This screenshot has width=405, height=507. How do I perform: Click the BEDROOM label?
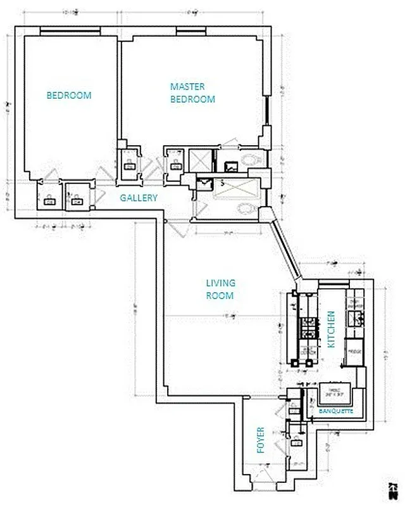point(69,96)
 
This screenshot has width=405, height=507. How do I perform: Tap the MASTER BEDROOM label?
point(192,93)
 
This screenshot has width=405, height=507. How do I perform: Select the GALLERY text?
point(139,198)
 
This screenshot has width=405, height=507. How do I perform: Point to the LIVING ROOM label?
point(220,289)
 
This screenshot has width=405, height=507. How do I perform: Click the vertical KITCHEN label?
point(331,329)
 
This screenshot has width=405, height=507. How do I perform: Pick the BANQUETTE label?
point(335,411)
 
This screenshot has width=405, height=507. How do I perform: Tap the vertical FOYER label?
point(261,440)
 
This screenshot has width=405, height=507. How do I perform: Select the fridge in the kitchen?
point(354,351)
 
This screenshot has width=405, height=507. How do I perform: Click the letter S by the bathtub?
point(221,183)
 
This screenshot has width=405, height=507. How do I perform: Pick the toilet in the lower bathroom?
point(245,209)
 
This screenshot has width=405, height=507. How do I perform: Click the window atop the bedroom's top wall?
point(69,30)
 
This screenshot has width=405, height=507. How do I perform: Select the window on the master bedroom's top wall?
point(186,30)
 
